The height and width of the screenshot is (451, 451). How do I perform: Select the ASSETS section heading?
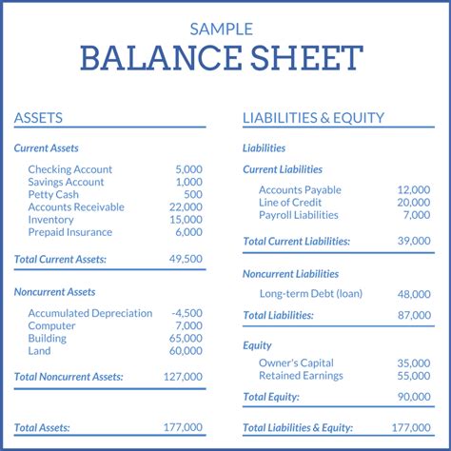point(38,118)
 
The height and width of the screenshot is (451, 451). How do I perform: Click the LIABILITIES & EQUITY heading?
point(313,118)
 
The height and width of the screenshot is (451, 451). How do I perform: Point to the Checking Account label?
point(69,169)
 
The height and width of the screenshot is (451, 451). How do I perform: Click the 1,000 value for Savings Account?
point(188,182)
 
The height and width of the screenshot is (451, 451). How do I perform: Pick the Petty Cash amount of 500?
point(193,194)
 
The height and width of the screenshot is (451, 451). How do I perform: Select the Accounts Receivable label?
point(76,207)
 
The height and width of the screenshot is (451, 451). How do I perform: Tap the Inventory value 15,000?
point(186,220)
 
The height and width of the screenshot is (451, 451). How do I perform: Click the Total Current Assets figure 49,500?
point(186,259)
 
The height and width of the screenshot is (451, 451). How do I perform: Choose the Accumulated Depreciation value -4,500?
point(186,313)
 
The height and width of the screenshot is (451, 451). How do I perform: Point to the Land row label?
point(39,351)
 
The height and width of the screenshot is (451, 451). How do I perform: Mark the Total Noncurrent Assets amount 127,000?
point(184,377)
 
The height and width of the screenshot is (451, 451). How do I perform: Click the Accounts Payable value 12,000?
point(414,190)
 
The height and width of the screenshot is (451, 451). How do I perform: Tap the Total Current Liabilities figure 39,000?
point(414,242)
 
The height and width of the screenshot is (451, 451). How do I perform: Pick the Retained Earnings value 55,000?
point(414,376)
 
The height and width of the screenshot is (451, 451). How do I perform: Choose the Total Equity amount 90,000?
point(414,397)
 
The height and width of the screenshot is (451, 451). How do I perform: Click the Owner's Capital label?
point(297,363)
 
